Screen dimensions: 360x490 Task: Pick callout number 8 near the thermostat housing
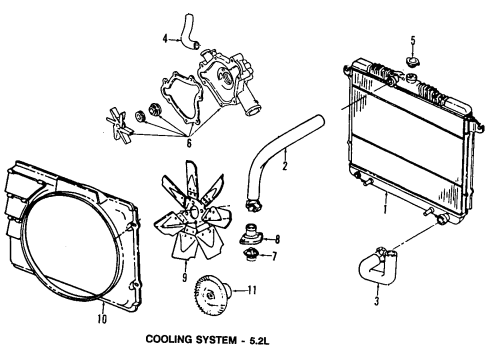tap(277, 238)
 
